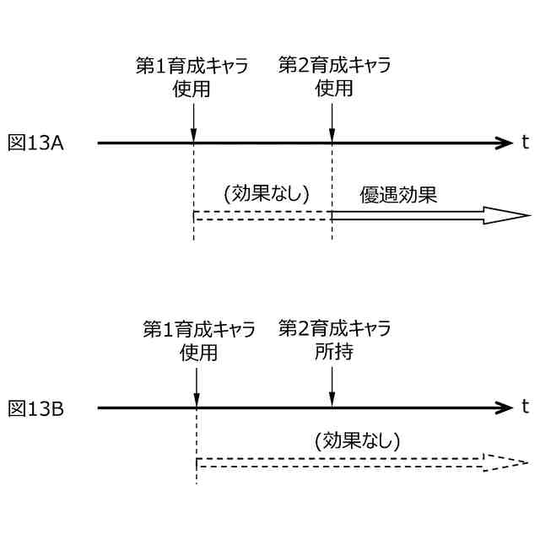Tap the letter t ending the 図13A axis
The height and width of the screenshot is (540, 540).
pyautogui.click(x=524, y=143)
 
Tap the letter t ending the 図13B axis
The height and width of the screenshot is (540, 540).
pyautogui.click(x=524, y=408)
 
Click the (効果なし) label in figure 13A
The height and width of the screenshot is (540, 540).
pyautogui.click(x=266, y=193)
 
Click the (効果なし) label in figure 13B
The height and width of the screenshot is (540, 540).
pyautogui.click(x=356, y=440)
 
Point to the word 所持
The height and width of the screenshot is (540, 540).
pyautogui.click(x=333, y=351)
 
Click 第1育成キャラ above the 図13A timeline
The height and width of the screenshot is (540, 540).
pyautogui.click(x=192, y=67)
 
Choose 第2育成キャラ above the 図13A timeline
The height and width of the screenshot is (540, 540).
pyautogui.click(x=334, y=67)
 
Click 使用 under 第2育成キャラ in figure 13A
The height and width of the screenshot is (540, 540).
pyautogui.click(x=333, y=89)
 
